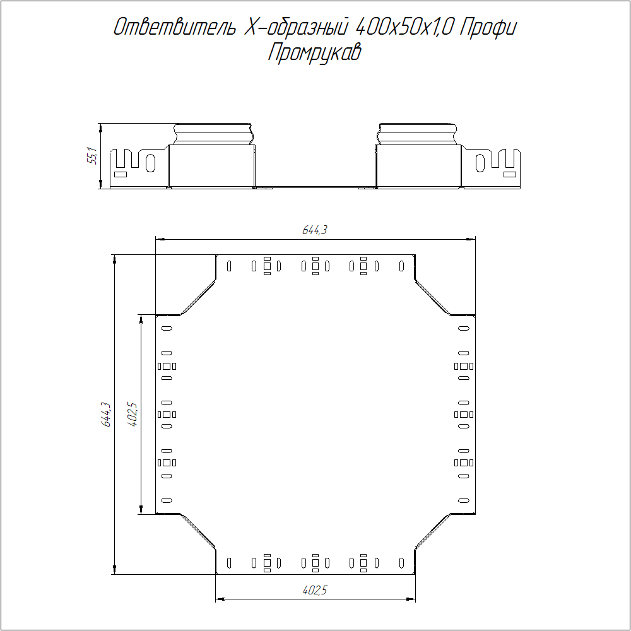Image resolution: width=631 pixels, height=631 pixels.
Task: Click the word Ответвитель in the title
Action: [174, 27]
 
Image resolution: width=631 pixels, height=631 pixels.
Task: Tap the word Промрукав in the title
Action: [315, 52]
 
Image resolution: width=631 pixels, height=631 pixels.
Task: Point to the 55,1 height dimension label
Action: [92, 156]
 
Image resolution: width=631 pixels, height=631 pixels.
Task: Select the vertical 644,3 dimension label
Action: [106, 414]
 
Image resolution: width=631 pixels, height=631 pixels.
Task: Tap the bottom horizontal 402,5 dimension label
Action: [315, 591]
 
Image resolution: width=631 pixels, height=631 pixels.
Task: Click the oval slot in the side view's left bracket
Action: [151, 163]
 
